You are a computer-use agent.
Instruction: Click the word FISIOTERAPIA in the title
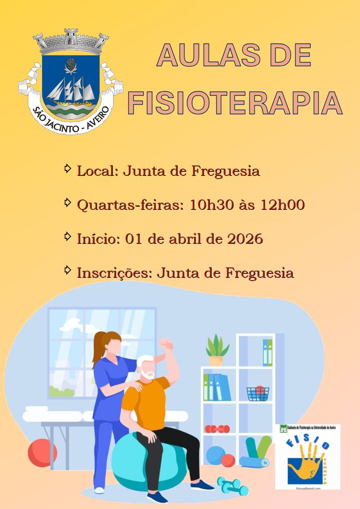point(235,102)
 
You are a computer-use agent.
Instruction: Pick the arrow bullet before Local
point(68,169)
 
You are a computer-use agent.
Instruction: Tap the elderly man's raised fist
point(166,344)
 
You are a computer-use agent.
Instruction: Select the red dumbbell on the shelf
point(217,428)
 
